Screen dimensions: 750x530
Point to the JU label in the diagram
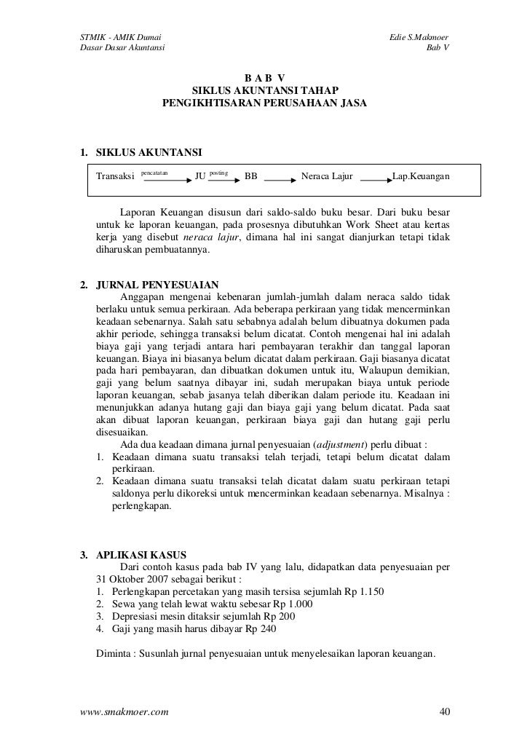(x=201, y=177)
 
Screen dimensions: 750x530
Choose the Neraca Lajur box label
(x=327, y=177)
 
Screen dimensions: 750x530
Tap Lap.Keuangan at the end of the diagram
(x=421, y=177)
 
